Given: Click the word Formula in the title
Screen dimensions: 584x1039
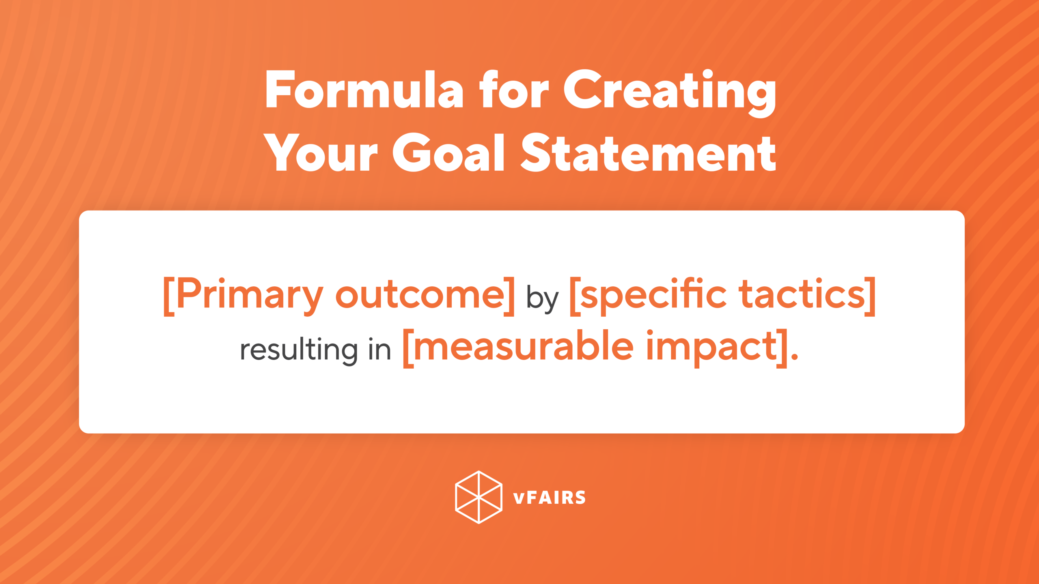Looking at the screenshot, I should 364,90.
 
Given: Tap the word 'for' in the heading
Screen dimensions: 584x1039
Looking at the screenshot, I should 513,90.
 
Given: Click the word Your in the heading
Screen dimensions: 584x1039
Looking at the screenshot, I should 321,153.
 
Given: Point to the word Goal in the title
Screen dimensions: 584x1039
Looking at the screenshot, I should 448,153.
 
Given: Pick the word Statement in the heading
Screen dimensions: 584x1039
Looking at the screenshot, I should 648,153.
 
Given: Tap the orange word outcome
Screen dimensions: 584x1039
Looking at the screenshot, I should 420,295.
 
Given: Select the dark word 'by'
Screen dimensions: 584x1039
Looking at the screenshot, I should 542,298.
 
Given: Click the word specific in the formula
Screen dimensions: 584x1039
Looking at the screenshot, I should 653,295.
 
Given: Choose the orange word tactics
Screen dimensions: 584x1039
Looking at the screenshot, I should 802,294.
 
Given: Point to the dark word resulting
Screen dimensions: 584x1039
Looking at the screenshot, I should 299,350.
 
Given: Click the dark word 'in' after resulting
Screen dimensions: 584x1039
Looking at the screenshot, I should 379,350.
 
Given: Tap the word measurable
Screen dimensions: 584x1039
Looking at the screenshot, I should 524,347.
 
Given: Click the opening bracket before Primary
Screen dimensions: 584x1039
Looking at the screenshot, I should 169,296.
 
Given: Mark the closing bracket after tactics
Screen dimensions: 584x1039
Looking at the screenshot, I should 870,296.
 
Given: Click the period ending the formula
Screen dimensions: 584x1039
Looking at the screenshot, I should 794,357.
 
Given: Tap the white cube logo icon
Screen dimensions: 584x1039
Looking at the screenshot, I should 479,497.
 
